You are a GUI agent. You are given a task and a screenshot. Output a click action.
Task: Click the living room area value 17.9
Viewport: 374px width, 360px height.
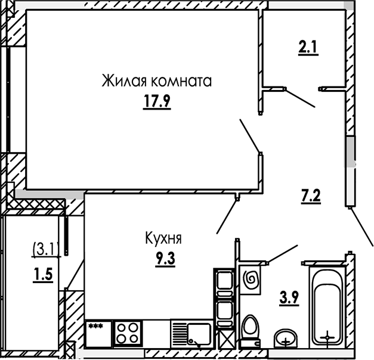coord(157,102)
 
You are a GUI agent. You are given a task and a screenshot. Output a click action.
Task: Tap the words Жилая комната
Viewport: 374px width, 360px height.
coord(157,81)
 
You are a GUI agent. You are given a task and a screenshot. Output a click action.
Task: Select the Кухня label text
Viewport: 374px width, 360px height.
coord(163,238)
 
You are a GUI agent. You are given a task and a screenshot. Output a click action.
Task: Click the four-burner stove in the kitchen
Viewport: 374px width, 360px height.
coord(128,333)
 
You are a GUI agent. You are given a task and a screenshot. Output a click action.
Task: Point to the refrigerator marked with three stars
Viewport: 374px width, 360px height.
coord(98,333)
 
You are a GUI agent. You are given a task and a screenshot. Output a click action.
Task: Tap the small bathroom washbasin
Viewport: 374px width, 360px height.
coord(287,338)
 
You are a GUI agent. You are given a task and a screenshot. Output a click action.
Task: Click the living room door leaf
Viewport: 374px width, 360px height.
coord(249,135)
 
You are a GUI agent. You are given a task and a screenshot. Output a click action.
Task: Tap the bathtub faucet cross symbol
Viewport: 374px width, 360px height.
coord(327,337)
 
